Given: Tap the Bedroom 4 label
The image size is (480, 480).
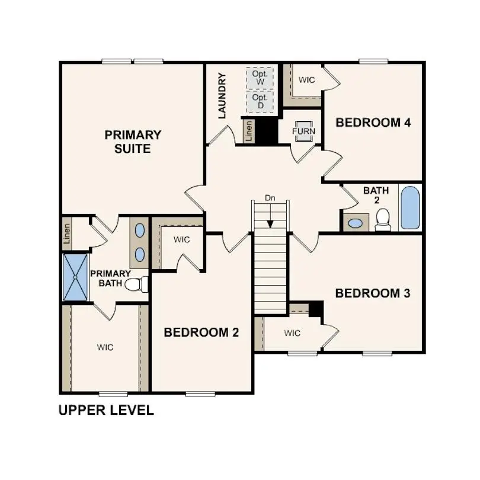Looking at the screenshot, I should coord(373,123).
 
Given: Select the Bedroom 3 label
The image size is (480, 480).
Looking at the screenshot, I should coord(373,293).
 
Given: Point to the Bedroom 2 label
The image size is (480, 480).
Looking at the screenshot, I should coord(201,332).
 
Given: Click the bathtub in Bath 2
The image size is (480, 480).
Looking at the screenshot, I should coord(409,208).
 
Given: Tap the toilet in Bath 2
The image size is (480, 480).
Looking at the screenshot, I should coord(383,220).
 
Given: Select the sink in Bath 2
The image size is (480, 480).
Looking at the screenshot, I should coord(355,223).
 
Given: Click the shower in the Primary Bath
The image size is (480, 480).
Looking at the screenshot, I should coord(75,277).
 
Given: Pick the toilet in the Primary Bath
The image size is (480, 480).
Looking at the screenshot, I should coord(136,284).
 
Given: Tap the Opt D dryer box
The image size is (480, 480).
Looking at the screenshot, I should coord(260,101).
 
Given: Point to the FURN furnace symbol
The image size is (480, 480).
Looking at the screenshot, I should coord(304,131).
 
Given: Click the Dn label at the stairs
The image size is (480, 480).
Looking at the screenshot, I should coord(270,198).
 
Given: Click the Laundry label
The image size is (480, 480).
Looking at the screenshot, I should coord(222,95).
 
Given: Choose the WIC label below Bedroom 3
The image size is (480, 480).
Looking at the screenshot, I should coord(292,334).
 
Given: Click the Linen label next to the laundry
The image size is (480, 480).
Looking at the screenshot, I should coord(249,131).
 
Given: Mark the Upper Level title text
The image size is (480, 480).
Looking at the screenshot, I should coord(106,410).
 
